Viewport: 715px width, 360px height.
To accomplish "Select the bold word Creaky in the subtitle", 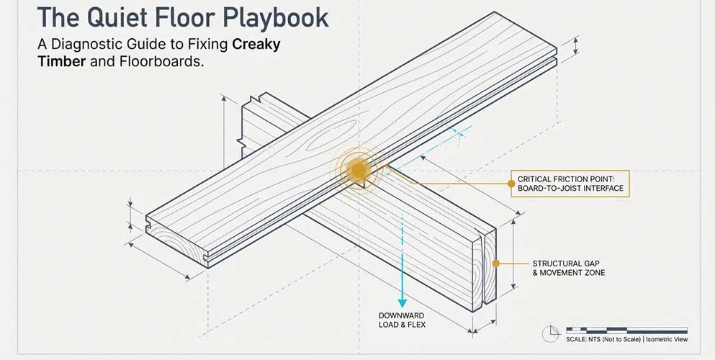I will tap(256, 45).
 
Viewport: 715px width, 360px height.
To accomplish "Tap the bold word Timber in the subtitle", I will tap(63, 62).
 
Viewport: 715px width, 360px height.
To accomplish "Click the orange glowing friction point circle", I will tap(358, 171).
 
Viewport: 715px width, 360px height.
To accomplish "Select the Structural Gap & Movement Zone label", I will tap(568, 268).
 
